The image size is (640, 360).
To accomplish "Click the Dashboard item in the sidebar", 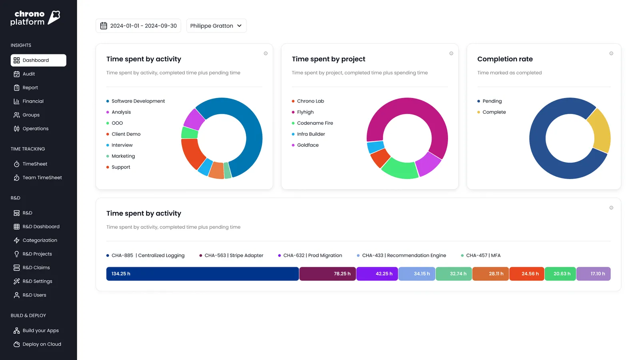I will click(x=38, y=60).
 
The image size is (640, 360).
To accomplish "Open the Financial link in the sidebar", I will click(x=33, y=101).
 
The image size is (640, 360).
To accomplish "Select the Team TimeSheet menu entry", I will click(x=42, y=178).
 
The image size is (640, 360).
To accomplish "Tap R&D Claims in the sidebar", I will click(x=36, y=268).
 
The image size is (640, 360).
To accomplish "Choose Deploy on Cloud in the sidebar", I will click(x=42, y=344).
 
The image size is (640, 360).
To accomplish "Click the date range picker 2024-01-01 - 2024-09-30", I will click(x=138, y=26).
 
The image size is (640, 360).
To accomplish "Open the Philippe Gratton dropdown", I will click(x=216, y=26).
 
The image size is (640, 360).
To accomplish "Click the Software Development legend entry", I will click(x=138, y=101).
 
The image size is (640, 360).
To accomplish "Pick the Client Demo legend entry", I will click(x=126, y=134).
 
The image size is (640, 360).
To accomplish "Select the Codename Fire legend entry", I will click(x=315, y=123).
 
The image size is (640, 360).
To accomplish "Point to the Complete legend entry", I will click(x=494, y=112).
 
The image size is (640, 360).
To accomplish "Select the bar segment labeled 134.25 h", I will click(x=202, y=274).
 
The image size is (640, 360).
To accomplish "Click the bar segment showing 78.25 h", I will click(x=327, y=274).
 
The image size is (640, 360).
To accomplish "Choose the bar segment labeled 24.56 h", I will click(x=526, y=274).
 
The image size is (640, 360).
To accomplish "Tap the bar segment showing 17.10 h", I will click(x=593, y=274).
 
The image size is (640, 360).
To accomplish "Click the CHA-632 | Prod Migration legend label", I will click(x=312, y=255).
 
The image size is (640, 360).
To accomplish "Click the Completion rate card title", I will click(x=505, y=59).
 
